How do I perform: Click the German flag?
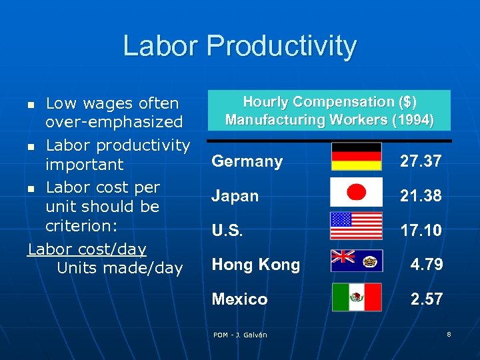coord(357,157)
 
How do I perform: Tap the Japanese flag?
coord(357,192)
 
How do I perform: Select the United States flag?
coord(357,226)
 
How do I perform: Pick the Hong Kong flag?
coord(357,261)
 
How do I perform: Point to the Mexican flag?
coord(357,297)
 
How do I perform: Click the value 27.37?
coord(421,161)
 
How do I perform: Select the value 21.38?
coord(421,196)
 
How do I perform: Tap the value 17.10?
coord(421,231)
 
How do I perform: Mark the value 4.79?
coord(427,265)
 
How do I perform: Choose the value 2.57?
coord(427,299)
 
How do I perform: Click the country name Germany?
coord(247,161)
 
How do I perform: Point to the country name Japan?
coord(235,196)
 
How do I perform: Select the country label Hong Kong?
coord(255,265)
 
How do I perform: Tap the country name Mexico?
coord(239,299)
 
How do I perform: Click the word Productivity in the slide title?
coord(281,46)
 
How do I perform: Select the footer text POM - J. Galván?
coord(240,335)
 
